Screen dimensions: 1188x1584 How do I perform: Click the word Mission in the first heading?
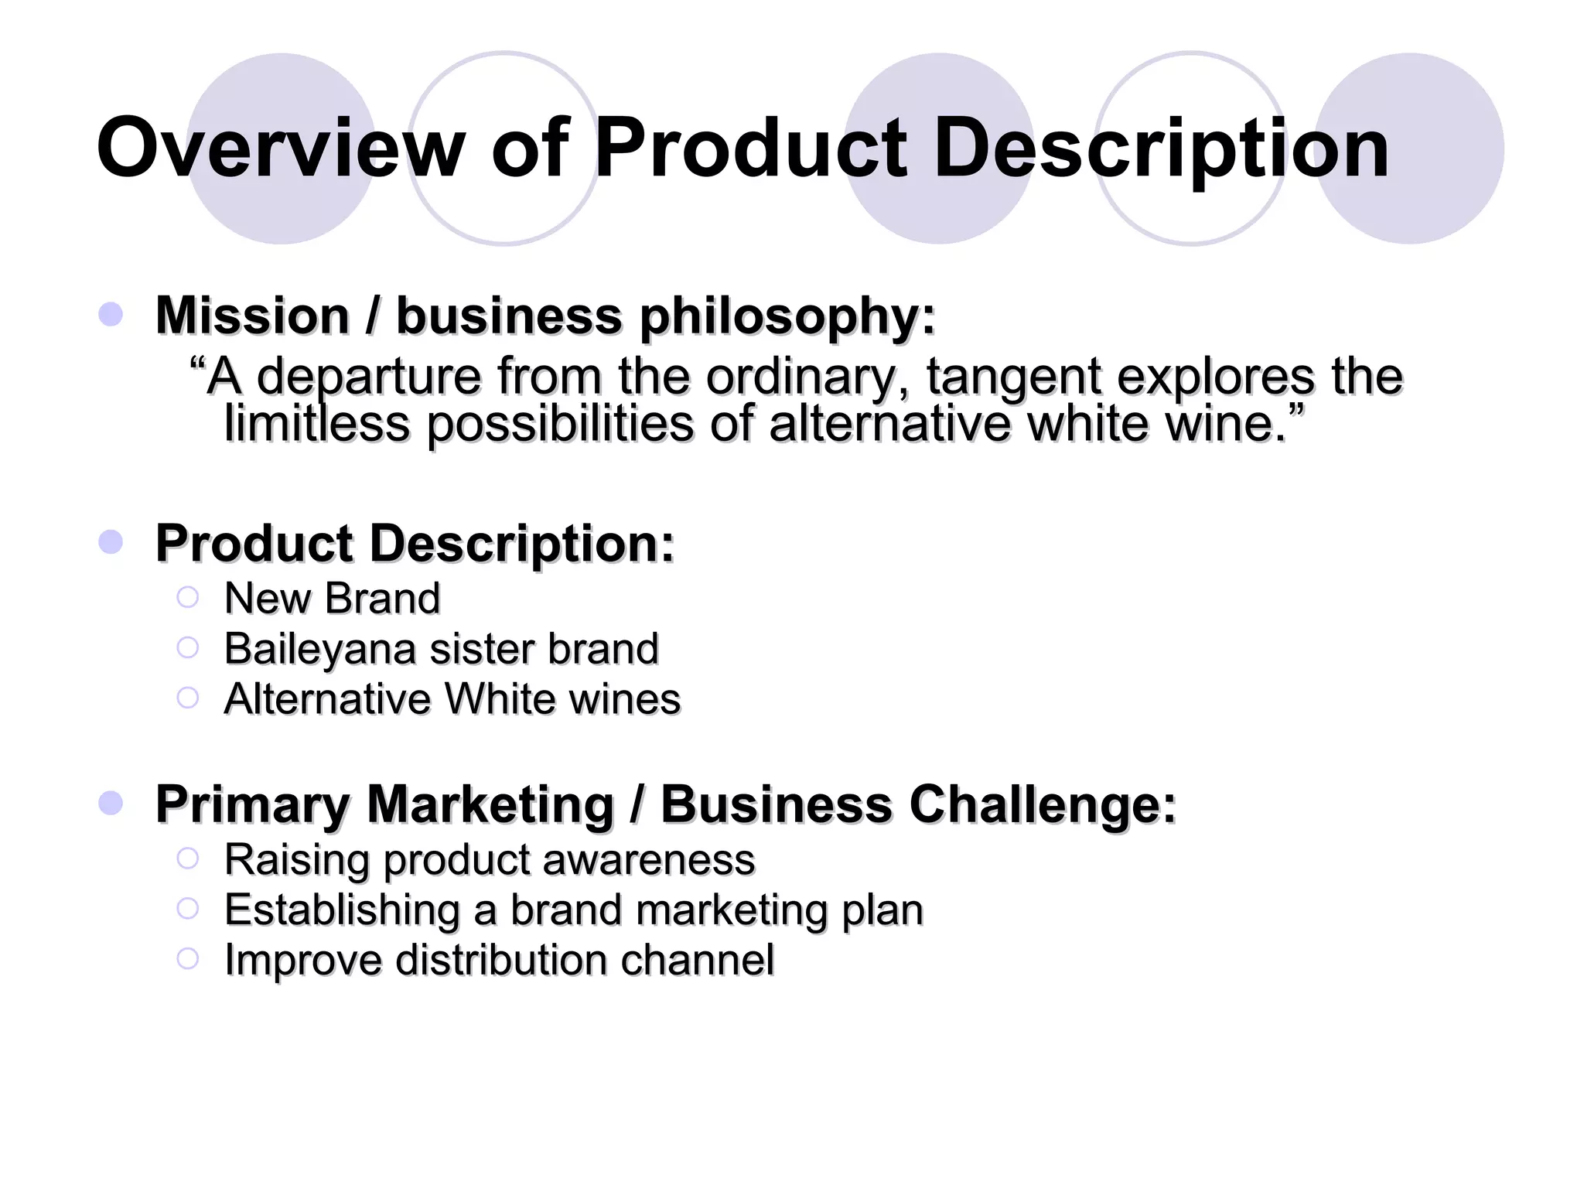point(252,316)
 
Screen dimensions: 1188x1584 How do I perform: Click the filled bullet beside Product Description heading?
point(111,542)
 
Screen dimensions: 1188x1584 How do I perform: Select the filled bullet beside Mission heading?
point(111,315)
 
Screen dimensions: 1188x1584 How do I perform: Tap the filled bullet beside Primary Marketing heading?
point(111,803)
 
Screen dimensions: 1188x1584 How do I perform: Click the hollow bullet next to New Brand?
point(187,597)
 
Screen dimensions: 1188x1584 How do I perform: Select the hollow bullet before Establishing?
point(187,908)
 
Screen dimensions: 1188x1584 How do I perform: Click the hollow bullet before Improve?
point(187,959)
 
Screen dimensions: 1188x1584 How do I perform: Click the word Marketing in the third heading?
point(490,806)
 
